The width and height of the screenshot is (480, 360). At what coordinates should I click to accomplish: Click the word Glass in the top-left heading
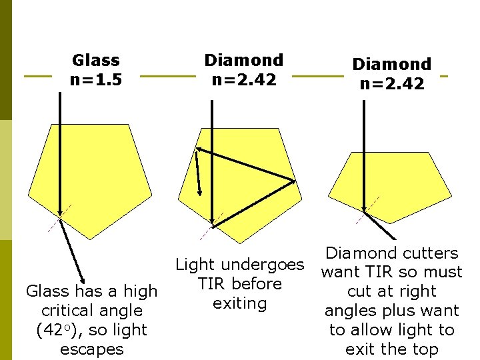[x=95, y=61]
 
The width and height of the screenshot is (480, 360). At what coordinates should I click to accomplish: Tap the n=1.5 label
[x=95, y=81]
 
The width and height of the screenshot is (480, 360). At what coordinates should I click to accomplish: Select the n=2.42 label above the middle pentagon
[x=243, y=80]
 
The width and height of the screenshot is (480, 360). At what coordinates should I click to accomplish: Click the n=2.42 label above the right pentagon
[x=391, y=84]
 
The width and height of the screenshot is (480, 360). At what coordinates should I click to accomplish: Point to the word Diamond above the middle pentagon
[x=243, y=61]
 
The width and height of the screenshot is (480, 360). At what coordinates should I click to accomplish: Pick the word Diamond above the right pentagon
[x=391, y=65]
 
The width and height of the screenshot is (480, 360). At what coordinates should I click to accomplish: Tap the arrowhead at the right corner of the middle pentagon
[x=293, y=180]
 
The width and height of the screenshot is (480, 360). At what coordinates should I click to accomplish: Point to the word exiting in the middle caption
[x=239, y=303]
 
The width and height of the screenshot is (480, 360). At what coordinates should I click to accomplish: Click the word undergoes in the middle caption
[x=267, y=265]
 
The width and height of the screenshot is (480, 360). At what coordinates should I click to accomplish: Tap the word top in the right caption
[x=425, y=349]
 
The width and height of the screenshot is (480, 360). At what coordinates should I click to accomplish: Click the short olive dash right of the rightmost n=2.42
[x=444, y=75]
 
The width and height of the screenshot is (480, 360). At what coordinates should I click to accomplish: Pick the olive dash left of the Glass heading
[x=37, y=76]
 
